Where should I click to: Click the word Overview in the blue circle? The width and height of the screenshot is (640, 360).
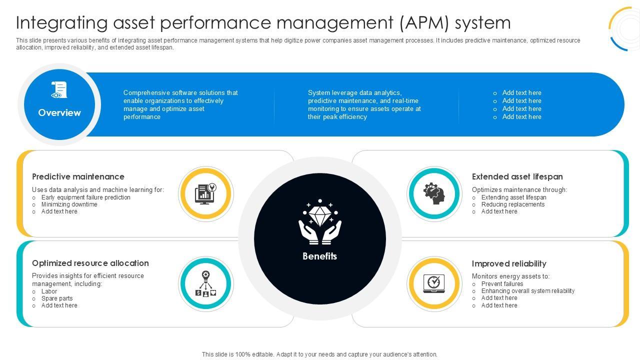click(x=59, y=113)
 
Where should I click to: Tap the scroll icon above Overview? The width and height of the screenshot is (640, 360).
click(x=59, y=90)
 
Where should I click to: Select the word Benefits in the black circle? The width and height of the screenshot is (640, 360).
click(x=319, y=256)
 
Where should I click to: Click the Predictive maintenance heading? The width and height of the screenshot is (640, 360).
click(x=78, y=177)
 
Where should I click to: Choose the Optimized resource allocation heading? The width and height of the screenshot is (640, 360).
click(x=90, y=263)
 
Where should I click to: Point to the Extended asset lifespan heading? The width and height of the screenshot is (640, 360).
click(x=517, y=177)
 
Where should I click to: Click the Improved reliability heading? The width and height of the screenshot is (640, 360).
click(x=508, y=264)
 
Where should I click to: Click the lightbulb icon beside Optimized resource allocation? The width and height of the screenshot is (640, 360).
click(x=206, y=284)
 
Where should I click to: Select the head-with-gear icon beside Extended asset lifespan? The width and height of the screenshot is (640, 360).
click(x=434, y=193)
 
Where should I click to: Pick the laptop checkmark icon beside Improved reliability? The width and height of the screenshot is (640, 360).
click(x=434, y=283)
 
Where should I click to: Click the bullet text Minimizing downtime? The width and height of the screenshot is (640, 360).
click(x=69, y=204)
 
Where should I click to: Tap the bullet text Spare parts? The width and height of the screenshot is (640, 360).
click(x=57, y=298)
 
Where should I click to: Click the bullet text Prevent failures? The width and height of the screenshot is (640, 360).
click(x=502, y=284)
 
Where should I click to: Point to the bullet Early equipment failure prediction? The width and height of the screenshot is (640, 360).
click(x=85, y=197)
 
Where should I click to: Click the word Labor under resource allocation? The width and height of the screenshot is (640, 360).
click(x=49, y=291)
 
